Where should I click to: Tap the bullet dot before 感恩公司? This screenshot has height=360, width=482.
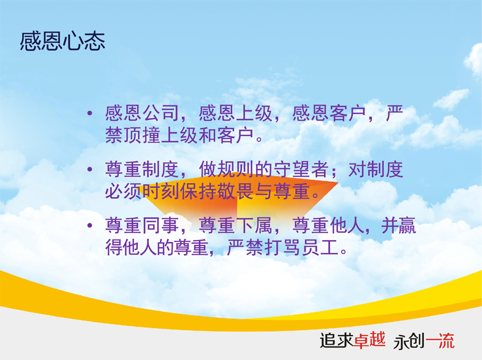tap(90, 113)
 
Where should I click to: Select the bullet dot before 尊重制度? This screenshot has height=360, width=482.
tap(90, 169)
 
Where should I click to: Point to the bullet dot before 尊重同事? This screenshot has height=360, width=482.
tap(90, 225)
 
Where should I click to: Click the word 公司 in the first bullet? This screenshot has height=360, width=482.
tap(160, 113)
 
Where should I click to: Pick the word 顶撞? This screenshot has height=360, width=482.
tap(142, 135)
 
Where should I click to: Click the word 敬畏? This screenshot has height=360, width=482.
tap(235, 192)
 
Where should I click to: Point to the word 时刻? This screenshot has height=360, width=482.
tap(160, 192)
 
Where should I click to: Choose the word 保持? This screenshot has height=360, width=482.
tap(198, 192)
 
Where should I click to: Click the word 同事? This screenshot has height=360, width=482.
tap(160, 225)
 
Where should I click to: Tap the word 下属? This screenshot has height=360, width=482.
tap(254, 225)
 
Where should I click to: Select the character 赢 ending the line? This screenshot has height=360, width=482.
tap(407, 225)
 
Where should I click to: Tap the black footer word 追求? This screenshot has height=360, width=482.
tap(337, 340)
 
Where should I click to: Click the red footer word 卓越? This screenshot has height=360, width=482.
tap(369, 340)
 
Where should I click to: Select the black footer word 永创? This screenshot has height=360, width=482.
tap(409, 341)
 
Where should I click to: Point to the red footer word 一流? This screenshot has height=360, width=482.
tap(440, 341)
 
